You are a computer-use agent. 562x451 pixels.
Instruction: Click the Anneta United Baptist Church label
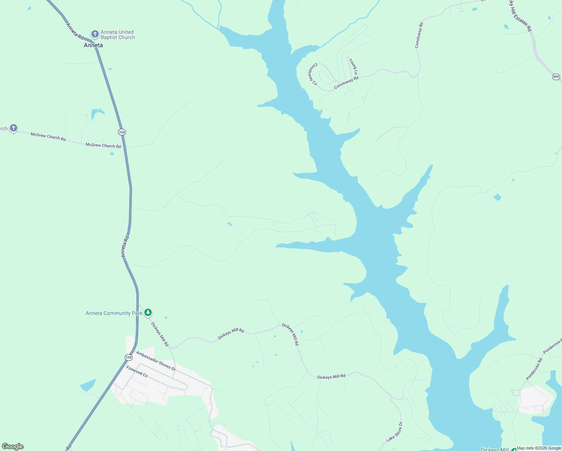[x=118, y=35]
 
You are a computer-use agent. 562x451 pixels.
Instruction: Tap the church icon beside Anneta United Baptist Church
[x=95, y=34]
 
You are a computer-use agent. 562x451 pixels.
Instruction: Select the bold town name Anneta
[x=93, y=45]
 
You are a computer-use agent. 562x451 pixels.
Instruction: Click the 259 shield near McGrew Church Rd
[x=122, y=132]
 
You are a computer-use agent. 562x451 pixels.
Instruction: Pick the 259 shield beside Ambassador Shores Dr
[x=129, y=357]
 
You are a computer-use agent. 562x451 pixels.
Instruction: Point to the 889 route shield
[x=556, y=77]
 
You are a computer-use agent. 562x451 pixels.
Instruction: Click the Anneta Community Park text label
[x=114, y=313]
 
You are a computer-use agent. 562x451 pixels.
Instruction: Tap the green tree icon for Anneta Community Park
[x=148, y=312]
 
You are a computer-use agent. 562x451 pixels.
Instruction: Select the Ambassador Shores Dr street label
[x=156, y=361]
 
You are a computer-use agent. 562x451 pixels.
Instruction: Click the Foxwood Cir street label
[x=137, y=372]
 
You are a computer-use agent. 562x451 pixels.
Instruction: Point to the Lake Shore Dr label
[x=394, y=432]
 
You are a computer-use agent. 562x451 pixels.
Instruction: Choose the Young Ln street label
[x=353, y=66]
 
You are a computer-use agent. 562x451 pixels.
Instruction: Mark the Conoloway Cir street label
[x=313, y=74]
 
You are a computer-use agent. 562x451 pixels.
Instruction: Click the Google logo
[x=13, y=446]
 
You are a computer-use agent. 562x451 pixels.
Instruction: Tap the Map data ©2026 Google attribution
[x=539, y=448]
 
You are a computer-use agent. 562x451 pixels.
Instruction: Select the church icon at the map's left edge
[x=14, y=128]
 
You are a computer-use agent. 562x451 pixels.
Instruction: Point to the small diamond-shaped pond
[x=497, y=197]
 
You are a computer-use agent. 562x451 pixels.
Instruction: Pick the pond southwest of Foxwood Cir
[x=88, y=385]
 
